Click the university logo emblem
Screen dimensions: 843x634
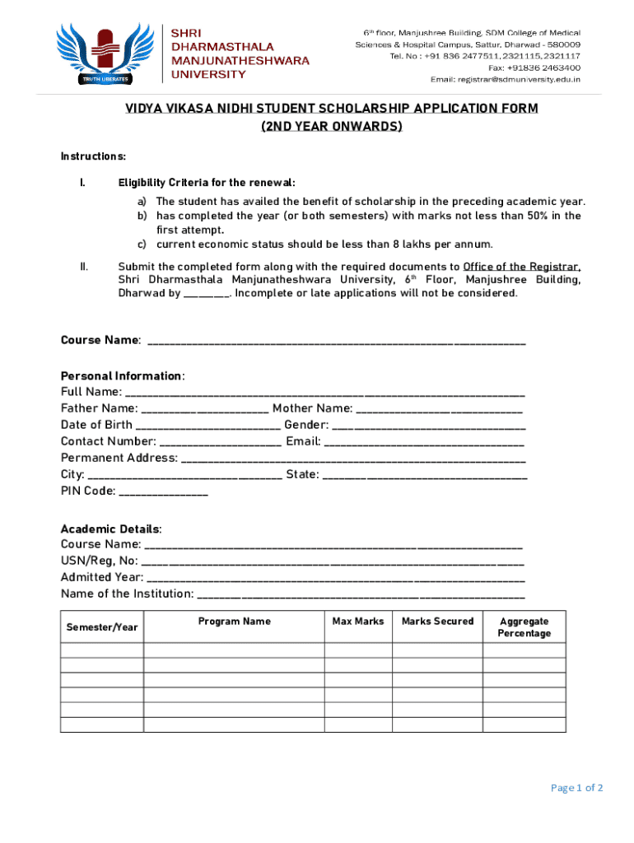(x=103, y=51)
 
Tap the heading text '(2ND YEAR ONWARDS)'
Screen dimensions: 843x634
(x=332, y=127)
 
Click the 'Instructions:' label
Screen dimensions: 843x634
(x=93, y=156)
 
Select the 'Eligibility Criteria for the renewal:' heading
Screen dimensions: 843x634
(x=206, y=183)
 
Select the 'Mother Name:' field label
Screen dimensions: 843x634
(x=313, y=408)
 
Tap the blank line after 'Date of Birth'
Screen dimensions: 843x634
(x=207, y=426)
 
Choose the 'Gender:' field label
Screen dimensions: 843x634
(x=306, y=425)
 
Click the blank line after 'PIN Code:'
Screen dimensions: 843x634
(x=164, y=491)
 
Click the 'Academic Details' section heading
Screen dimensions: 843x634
(x=110, y=529)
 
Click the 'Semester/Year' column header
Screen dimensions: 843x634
(x=102, y=628)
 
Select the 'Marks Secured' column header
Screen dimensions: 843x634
(x=437, y=622)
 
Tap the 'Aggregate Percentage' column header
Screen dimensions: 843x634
(x=524, y=627)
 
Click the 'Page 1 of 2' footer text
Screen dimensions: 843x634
(x=576, y=788)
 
